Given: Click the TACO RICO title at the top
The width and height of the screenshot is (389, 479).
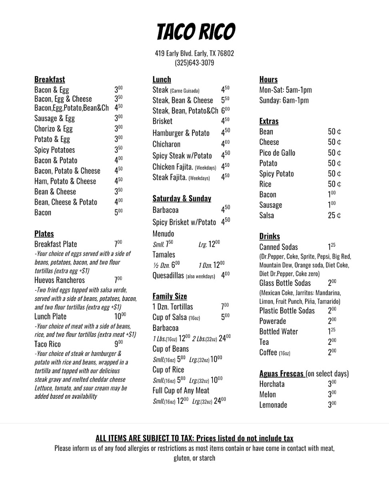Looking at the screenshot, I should (195, 32).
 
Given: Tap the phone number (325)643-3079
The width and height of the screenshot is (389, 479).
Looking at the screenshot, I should (194, 63).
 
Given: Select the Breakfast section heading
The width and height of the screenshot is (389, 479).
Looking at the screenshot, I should (50, 79).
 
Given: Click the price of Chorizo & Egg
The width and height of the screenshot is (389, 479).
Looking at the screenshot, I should (118, 129).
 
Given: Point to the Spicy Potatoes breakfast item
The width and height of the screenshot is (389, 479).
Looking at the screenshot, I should (54, 150).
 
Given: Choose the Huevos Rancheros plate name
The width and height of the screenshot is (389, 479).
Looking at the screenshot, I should (60, 280).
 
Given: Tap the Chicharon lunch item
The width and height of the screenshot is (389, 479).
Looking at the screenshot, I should (166, 144).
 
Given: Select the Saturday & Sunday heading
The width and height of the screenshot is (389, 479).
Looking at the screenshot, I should (182, 198).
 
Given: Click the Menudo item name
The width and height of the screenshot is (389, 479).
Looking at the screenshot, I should (163, 234).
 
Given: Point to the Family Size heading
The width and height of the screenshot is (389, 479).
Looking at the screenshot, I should (170, 296).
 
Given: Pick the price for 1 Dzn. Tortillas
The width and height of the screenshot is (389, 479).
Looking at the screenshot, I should (225, 307).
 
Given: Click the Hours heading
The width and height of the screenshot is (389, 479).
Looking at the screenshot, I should (268, 79).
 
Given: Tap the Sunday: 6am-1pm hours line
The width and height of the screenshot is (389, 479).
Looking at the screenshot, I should (284, 100).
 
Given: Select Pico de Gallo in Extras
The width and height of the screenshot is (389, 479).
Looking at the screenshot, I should (277, 152).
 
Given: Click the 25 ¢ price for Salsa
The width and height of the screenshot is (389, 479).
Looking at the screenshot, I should (334, 216).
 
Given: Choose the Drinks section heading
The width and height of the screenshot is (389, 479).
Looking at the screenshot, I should (269, 236).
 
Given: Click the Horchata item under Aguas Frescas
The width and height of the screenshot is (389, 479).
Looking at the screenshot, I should (272, 384).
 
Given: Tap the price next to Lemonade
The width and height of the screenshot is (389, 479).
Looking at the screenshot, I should (332, 405).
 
